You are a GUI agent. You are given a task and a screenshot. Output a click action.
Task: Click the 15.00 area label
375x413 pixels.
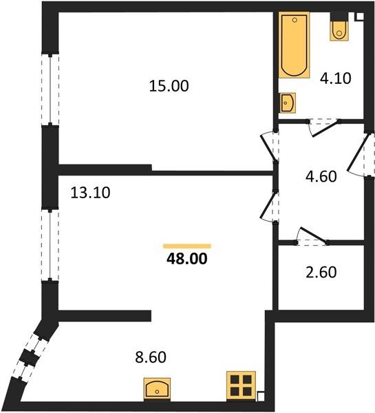pos(169,86)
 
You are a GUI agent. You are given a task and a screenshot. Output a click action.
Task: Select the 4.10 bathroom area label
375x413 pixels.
pos(336,78)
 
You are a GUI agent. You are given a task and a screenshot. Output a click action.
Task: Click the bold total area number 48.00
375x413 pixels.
pos(186,260)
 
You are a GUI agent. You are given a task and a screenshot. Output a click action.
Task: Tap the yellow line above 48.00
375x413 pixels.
pos(186,246)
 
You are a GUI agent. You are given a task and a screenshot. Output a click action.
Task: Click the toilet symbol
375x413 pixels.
pos(339,28)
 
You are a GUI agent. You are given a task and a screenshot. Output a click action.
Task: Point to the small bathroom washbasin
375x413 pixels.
pos(288,103)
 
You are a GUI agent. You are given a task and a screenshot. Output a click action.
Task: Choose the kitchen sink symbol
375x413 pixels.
pos(158,389)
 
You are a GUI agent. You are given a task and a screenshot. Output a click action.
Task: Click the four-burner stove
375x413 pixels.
pos(242,385)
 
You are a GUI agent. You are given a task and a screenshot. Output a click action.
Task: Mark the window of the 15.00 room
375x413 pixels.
pos(50,89)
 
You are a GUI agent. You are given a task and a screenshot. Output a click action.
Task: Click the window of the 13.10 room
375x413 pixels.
pos(49,244)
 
